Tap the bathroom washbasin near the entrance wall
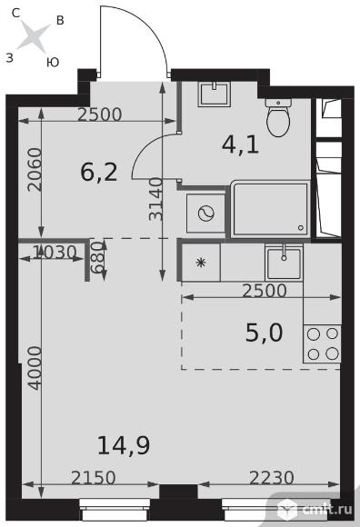tap(215, 94)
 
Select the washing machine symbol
tap(205, 214)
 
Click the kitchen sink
tap(284, 263)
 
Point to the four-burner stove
tap(323, 343)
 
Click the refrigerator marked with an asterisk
tap(201, 263)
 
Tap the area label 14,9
tap(124, 445)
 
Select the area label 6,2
tap(99, 173)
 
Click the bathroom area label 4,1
tap(240, 145)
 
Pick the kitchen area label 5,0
tap(265, 333)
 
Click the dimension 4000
tap(35, 368)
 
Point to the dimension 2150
tap(94, 477)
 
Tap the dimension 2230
tap(272, 477)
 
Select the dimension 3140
tap(155, 199)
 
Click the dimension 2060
tap(35, 170)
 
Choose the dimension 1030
tap(55, 252)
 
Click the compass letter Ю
tap(53, 62)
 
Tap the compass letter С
tap(15, 13)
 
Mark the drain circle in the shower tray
tap(301, 228)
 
